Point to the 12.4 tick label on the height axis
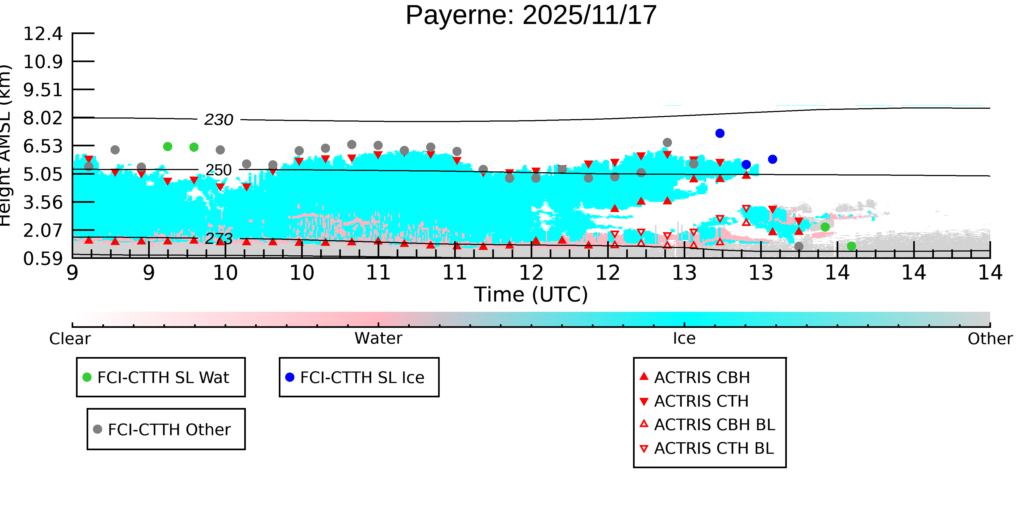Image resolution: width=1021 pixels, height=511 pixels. point(43,34)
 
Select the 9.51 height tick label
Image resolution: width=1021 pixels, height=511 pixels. point(43,90)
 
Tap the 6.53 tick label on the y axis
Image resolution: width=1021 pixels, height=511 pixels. point(43,146)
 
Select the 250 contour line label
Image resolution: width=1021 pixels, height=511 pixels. point(218,170)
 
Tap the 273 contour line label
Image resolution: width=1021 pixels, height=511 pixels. point(218,238)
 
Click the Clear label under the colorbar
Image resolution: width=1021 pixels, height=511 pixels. point(70,339)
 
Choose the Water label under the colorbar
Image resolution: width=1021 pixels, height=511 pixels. point(378,338)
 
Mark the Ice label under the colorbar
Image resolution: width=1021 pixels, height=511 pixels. point(684,338)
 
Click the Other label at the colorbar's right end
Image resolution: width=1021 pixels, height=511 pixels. point(990,339)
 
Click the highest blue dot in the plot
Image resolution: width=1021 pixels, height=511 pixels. point(720,133)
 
